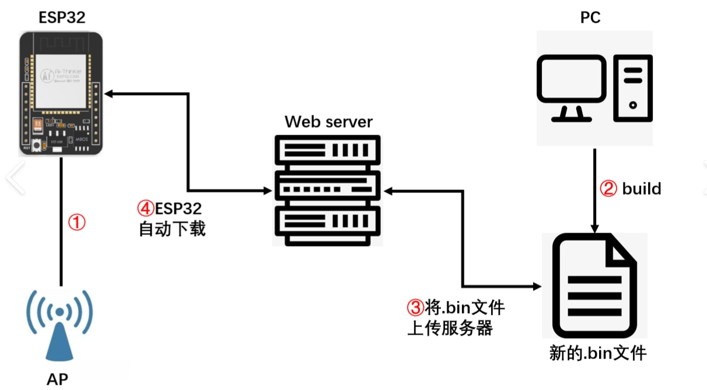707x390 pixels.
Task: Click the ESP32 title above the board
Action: [x=62, y=17]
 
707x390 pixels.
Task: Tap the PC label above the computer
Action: [x=590, y=18]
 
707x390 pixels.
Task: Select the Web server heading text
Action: [x=328, y=122]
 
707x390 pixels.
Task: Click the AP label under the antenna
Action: [x=57, y=378]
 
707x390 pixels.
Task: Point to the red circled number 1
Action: [x=77, y=222]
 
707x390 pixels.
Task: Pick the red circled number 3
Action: [x=415, y=307]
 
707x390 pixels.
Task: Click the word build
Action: [x=642, y=189]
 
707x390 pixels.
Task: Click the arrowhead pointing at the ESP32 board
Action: [x=108, y=93]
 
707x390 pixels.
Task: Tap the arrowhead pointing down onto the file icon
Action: [x=594, y=229]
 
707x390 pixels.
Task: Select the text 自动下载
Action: [x=172, y=229]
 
